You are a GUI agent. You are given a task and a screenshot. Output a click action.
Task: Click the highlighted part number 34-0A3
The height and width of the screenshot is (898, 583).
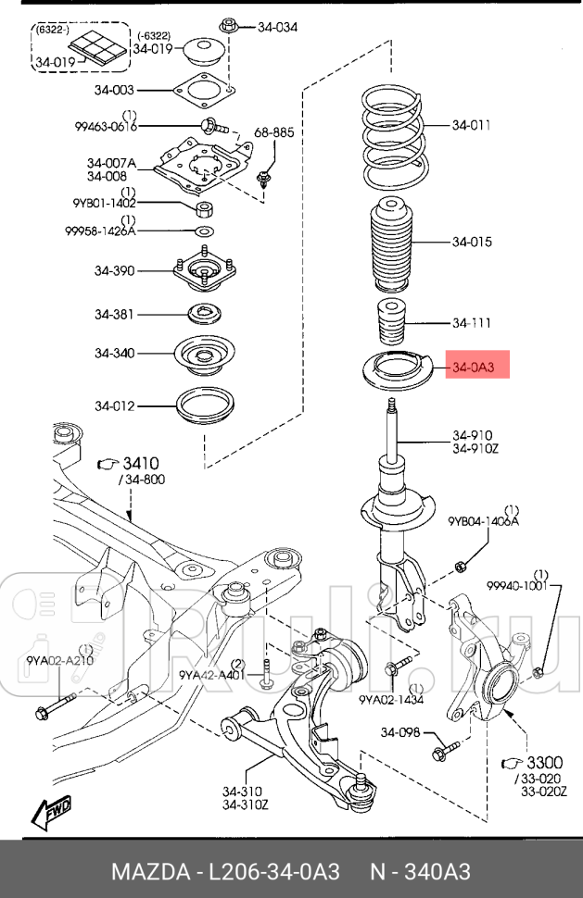475,368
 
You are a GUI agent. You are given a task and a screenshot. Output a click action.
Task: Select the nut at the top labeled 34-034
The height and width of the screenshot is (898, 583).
225,25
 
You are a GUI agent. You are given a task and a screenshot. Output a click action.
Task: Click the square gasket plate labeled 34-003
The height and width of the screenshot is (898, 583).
201,91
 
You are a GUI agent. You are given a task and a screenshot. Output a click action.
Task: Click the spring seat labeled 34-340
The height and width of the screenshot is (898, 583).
203,355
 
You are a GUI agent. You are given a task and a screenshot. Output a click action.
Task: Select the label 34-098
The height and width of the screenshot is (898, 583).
399,733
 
